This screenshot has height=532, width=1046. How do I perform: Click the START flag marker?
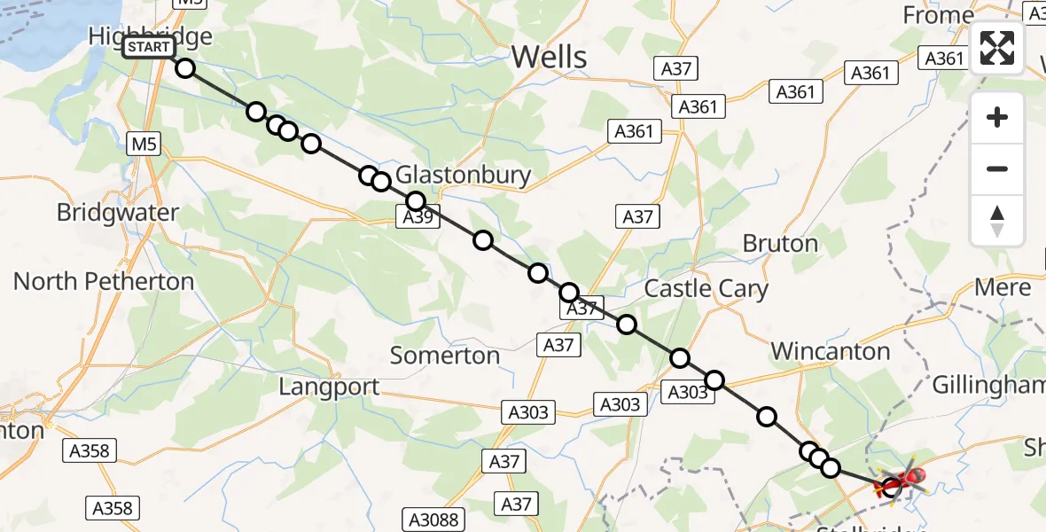pyautogui.click(x=148, y=47)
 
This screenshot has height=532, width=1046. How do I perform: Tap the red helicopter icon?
pyautogui.click(x=904, y=481)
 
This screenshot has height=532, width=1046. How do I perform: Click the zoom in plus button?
pyautogui.click(x=997, y=117)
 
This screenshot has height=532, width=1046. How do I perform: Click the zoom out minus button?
pyautogui.click(x=997, y=168)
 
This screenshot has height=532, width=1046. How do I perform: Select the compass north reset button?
pyautogui.click(x=997, y=221)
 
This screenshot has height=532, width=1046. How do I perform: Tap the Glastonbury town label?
pyautogui.click(x=463, y=175)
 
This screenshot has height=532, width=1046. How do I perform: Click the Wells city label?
pyautogui.click(x=550, y=58)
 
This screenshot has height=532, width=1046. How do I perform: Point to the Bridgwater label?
pyautogui.click(x=117, y=213)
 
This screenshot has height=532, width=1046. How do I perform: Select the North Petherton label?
pyautogui.click(x=104, y=282)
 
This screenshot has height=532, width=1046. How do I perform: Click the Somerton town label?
pyautogui.click(x=445, y=356)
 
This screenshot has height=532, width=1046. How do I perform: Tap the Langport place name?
pyautogui.click(x=329, y=387)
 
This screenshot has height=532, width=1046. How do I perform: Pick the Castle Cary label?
pyautogui.click(x=706, y=288)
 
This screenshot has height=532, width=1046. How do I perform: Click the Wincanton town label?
pyautogui.click(x=830, y=351)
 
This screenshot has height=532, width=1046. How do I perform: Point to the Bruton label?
pyautogui.click(x=780, y=243)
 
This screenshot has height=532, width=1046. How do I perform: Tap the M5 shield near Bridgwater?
pyautogui.click(x=144, y=144)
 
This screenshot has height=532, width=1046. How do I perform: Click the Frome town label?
pyautogui.click(x=938, y=15)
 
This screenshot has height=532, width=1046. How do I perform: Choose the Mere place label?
pyautogui.click(x=1003, y=287)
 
